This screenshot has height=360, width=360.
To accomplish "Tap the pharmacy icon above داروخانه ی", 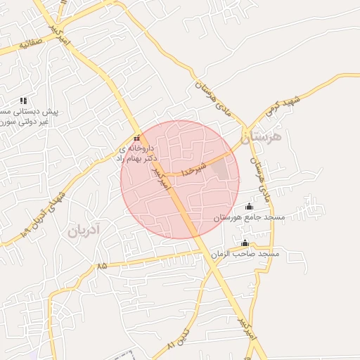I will [137, 138].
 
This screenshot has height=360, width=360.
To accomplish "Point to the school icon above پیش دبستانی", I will [22, 101].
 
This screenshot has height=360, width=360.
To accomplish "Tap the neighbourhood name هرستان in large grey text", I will [259, 138].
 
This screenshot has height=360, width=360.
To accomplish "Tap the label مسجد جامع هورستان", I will [249, 218].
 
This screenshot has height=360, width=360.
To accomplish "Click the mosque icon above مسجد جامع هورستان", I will [249, 207].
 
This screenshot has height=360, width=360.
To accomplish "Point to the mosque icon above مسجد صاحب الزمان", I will [245, 243].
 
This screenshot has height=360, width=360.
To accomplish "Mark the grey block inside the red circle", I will [220, 169].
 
